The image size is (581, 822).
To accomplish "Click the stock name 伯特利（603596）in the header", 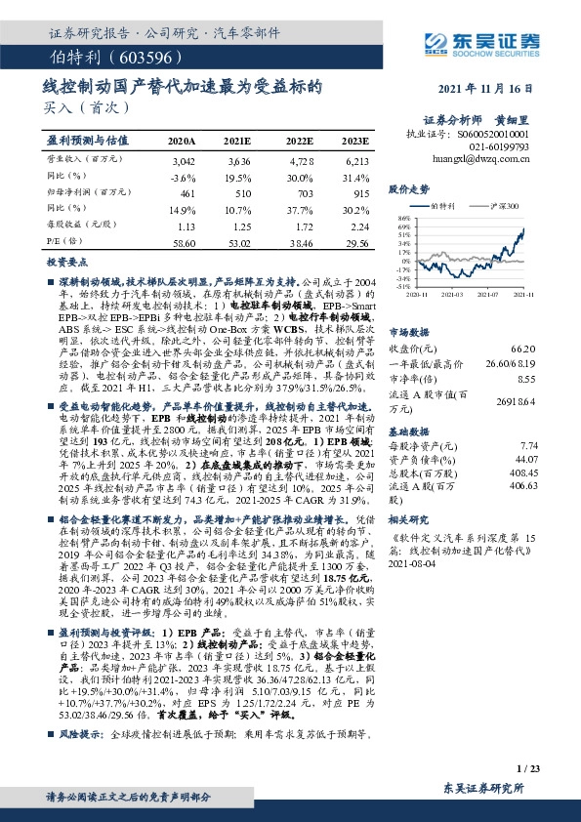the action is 102,57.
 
